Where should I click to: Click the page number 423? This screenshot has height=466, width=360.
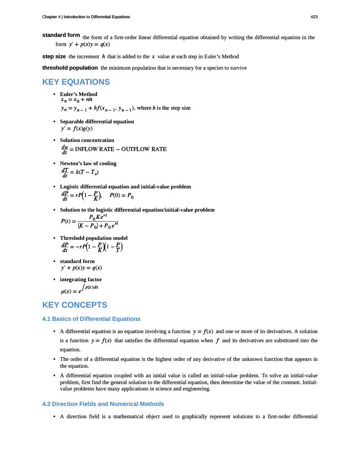pyautogui.click(x=314, y=17)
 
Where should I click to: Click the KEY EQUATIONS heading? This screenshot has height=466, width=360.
pyautogui.click(x=76, y=82)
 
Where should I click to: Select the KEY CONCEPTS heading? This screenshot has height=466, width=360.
pyautogui.click(x=74, y=305)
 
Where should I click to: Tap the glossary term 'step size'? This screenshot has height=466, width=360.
pyautogui.click(x=54, y=56)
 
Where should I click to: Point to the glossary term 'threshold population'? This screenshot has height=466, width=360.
pyautogui.click(x=70, y=68)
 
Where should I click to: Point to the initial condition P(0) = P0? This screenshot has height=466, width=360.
pyautogui.click(x=122, y=196)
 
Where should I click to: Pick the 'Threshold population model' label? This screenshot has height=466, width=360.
pyautogui.click(x=94, y=238)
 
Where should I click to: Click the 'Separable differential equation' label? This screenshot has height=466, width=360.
pyautogui.click(x=97, y=122)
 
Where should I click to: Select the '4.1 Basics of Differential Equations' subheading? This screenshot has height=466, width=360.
pyautogui.click(x=91, y=319)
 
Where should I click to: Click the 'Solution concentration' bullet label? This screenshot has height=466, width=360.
pyautogui.click(x=87, y=140)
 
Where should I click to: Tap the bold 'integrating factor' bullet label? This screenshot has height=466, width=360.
pyautogui.click(x=81, y=279)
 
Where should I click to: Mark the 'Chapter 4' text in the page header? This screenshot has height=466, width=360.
pyautogui.click(x=51, y=17)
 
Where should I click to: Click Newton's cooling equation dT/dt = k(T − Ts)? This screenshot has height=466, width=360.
pyautogui.click(x=80, y=172)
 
